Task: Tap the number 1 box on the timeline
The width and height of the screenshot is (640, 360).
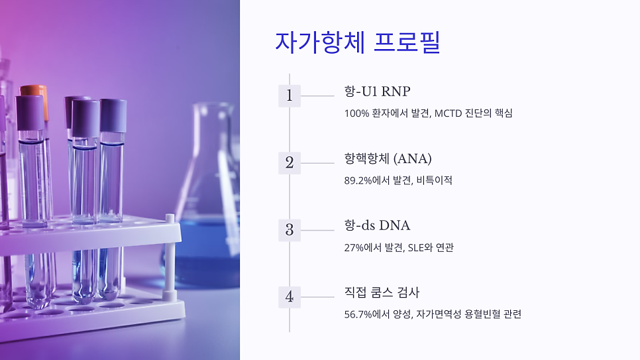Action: (289, 95)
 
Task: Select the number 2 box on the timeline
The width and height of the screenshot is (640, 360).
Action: (289, 162)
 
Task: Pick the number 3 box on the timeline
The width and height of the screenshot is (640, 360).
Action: (289, 230)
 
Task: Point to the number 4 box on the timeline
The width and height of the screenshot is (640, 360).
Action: (289, 297)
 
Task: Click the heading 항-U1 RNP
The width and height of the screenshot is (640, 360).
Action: (377, 91)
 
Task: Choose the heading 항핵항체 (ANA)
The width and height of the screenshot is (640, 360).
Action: (388, 159)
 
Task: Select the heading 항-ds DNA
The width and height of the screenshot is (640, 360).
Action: (377, 226)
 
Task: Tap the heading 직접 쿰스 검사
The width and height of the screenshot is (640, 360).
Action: (382, 293)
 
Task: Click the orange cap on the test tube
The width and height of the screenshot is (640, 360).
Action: (35, 92)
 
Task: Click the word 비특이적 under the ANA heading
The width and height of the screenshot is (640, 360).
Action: (435, 180)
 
